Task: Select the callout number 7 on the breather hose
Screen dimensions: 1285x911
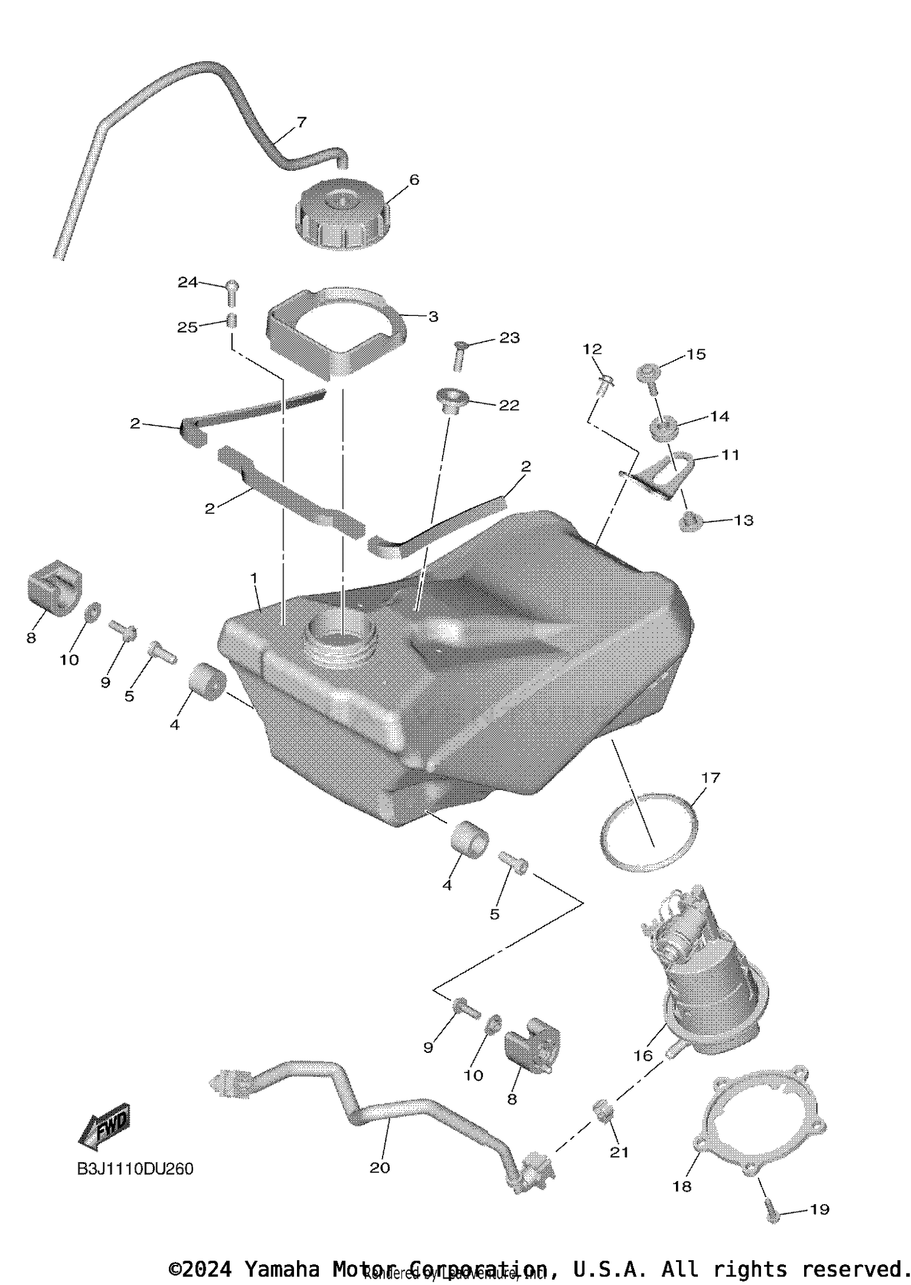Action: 302,122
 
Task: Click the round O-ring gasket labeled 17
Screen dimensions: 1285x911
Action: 648,832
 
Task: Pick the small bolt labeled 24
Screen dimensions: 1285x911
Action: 232,292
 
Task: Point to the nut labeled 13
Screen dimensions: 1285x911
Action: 689,521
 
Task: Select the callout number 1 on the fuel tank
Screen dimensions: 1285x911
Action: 254,578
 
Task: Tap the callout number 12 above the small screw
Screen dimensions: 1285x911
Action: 592,349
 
